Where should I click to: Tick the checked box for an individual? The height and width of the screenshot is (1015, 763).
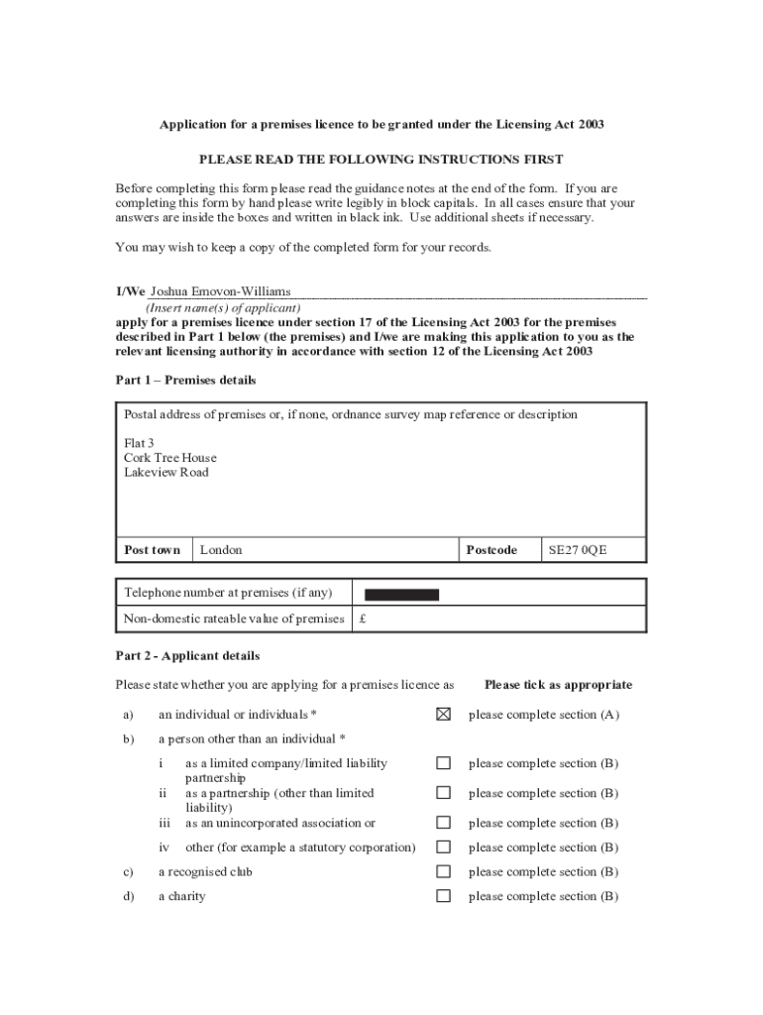click(x=443, y=714)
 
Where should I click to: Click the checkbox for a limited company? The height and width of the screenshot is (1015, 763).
click(x=443, y=763)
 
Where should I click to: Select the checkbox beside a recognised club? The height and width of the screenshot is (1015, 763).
click(x=443, y=872)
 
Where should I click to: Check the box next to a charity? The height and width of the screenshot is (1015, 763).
click(x=443, y=896)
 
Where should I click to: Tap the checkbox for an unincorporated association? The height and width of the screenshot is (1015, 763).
click(x=443, y=823)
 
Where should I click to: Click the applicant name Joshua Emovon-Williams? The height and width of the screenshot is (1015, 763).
click(x=220, y=291)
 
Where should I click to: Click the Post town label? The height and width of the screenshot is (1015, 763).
click(x=153, y=550)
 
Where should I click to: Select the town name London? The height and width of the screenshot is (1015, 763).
click(x=221, y=550)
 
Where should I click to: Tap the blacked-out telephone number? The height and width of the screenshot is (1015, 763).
click(x=401, y=595)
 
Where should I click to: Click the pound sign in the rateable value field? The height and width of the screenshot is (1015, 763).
click(x=364, y=620)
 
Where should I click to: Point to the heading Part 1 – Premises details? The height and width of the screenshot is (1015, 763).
click(x=185, y=381)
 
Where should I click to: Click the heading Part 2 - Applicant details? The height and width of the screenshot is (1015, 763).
click(x=187, y=656)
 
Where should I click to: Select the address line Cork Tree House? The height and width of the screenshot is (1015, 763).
click(x=169, y=458)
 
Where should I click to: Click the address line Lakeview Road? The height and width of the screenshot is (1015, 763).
click(x=166, y=473)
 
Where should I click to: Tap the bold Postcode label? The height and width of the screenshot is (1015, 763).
click(x=491, y=550)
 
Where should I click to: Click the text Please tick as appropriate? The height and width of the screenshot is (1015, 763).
click(x=558, y=685)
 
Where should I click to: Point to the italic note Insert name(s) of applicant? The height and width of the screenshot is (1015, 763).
click(x=223, y=308)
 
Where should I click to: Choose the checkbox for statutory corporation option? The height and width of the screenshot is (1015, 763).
click(x=443, y=847)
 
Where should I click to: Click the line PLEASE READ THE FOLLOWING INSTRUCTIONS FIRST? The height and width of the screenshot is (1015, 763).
click(x=381, y=160)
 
